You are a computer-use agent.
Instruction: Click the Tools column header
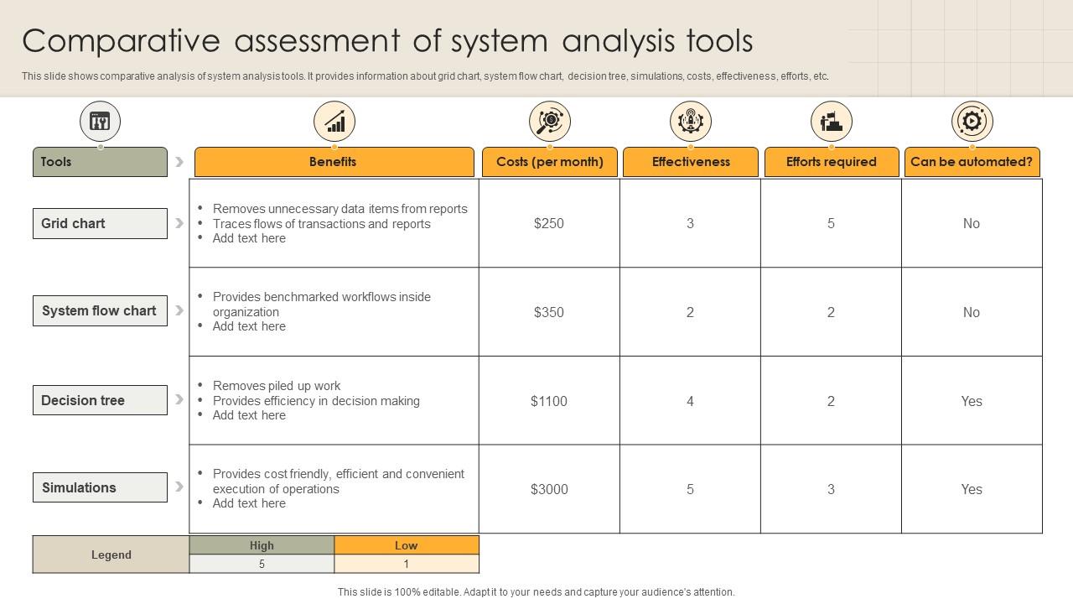[x=100, y=162]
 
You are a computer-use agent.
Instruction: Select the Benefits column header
[x=334, y=162]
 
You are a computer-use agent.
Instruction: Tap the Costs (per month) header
[x=549, y=162]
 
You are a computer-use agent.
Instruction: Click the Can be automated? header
[x=972, y=162]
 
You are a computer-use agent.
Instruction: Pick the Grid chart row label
[x=100, y=223]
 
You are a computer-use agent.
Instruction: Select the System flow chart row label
[x=100, y=310]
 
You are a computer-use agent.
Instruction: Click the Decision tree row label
[x=100, y=400]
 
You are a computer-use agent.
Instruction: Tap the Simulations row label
[x=100, y=487]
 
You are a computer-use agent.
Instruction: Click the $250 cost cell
[x=549, y=223]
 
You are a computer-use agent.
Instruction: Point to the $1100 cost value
[x=549, y=401]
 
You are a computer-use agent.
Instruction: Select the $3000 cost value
[x=549, y=489]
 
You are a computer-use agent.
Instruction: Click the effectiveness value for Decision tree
[x=690, y=401]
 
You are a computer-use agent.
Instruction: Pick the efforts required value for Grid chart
[x=831, y=223]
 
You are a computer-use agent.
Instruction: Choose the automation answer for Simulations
[x=972, y=489]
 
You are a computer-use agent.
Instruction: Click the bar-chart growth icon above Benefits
[x=334, y=122]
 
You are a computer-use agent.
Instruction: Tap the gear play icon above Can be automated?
[x=972, y=122]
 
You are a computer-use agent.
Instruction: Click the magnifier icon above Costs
[x=549, y=122]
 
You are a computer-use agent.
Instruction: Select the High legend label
[x=262, y=545]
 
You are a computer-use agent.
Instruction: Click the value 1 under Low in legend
[x=407, y=565]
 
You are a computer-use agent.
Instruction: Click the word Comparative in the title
[x=122, y=42]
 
